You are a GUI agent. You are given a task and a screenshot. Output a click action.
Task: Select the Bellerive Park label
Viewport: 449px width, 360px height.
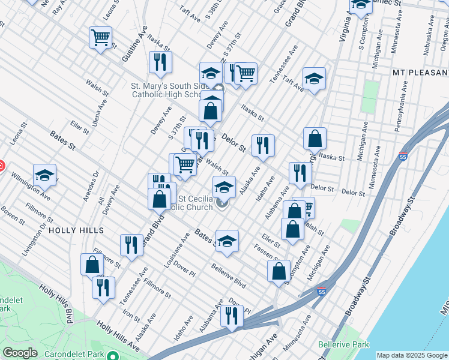343,345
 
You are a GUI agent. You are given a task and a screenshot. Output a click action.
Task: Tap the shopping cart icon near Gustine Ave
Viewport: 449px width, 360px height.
100,37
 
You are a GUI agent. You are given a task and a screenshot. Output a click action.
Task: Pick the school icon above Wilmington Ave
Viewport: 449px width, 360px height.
44,175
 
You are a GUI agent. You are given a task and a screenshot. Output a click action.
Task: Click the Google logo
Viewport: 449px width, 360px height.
20,353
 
